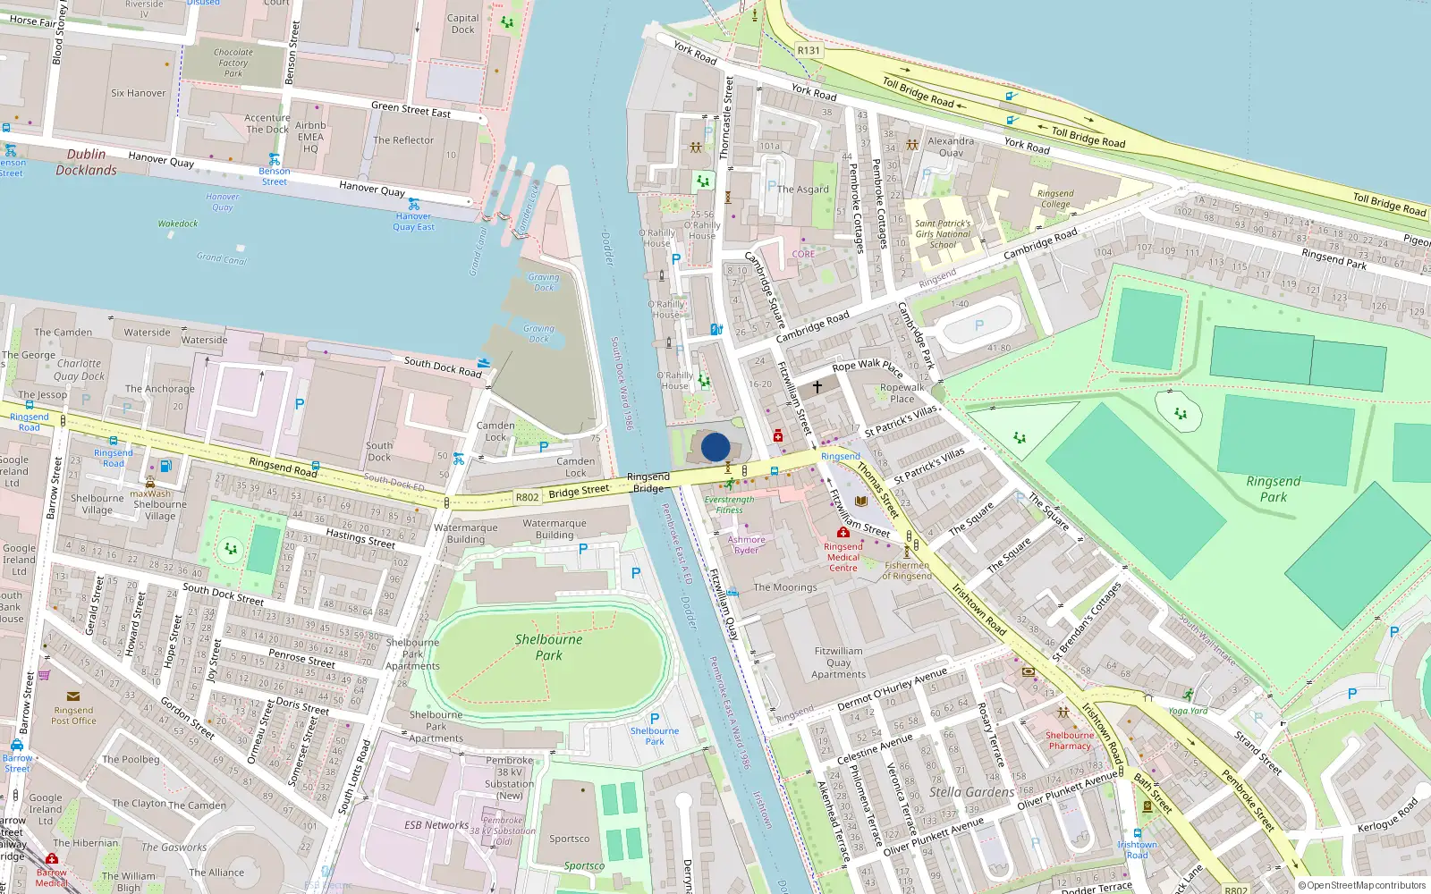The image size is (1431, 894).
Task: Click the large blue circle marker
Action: pyautogui.click(x=715, y=447)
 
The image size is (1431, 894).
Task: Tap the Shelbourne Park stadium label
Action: pyautogui.click(x=548, y=647)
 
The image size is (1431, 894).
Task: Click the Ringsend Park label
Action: pyautogui.click(x=1273, y=489)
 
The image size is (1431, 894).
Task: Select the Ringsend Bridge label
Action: pyautogui.click(x=648, y=483)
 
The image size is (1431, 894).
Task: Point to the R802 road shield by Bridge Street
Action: pyautogui.click(x=528, y=497)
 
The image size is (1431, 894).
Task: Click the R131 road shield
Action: pyautogui.click(x=809, y=50)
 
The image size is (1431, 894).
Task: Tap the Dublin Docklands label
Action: pyautogui.click(x=86, y=162)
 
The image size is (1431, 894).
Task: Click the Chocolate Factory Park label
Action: pyautogui.click(x=233, y=63)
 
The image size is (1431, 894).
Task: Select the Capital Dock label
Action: pyautogui.click(x=462, y=23)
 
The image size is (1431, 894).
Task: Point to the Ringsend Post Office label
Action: pyautogui.click(x=73, y=715)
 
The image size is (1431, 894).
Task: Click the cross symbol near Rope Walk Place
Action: pyautogui.click(x=817, y=387)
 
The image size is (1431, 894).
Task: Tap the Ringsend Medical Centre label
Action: pyautogui.click(x=843, y=557)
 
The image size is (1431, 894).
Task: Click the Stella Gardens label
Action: pyautogui.click(x=971, y=792)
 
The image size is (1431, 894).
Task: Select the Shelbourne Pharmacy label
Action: pyautogui.click(x=1070, y=740)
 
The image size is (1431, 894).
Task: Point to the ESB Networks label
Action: pyautogui.click(x=436, y=825)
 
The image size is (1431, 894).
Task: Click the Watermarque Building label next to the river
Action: pyautogui.click(x=555, y=529)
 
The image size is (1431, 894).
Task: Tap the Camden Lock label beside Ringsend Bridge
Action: pyautogui.click(x=576, y=467)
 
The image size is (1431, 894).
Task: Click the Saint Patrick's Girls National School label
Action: pyautogui.click(x=943, y=234)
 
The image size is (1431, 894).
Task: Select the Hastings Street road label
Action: pyautogui.click(x=360, y=537)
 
